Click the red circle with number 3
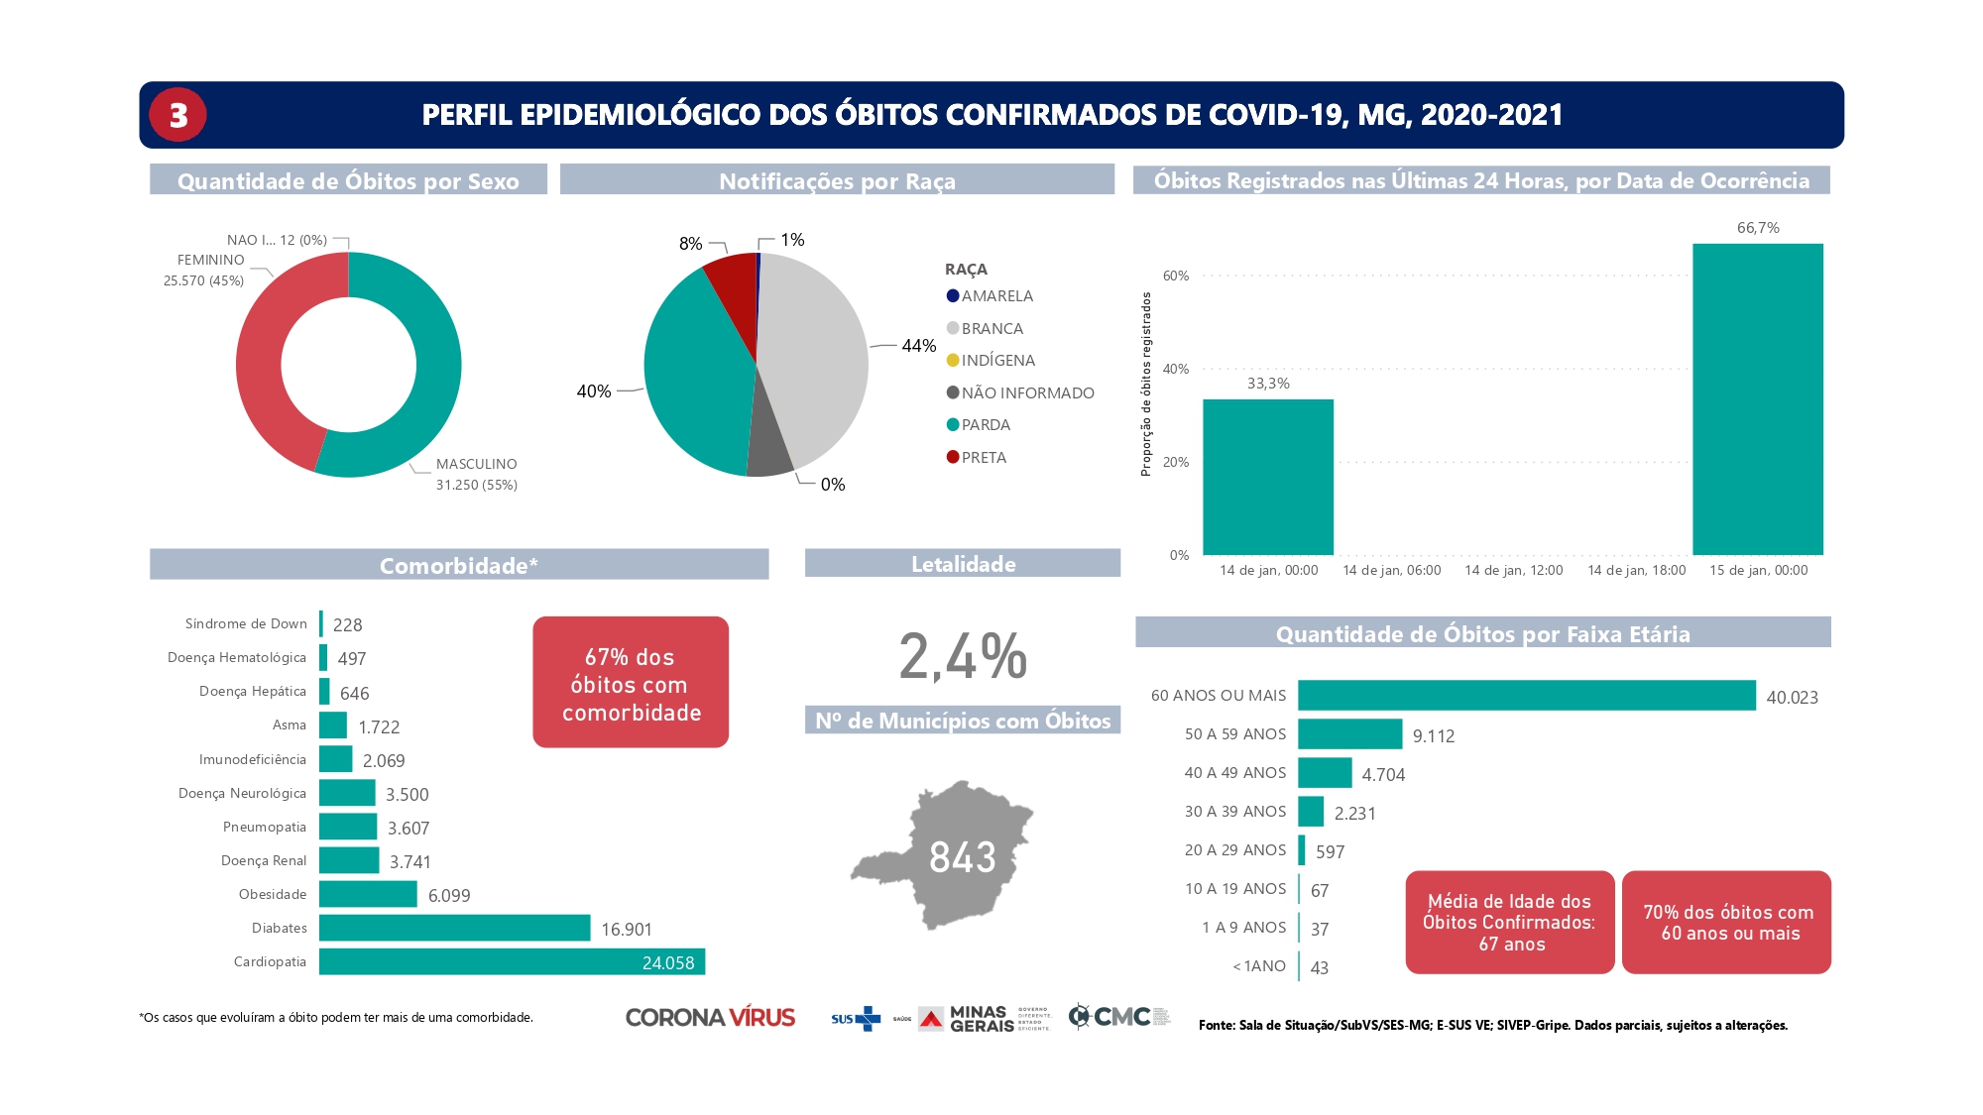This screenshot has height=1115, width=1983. [x=177, y=115]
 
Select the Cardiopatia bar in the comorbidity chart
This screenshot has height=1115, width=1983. [x=512, y=961]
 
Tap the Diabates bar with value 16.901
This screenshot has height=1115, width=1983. [x=454, y=928]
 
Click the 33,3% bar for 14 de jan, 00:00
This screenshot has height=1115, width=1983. [x=1268, y=477]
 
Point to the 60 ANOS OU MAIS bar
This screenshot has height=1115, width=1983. [x=1526, y=696]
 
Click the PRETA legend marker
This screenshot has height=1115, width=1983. [x=953, y=457]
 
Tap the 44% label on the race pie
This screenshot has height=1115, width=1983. [x=918, y=346]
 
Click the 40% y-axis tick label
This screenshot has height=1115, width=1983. [x=1176, y=369]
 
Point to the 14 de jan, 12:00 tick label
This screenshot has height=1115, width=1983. [x=1513, y=570]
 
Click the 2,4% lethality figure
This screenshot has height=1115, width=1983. [x=963, y=656]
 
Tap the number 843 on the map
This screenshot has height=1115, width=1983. [x=962, y=857]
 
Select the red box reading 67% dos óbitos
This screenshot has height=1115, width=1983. [x=631, y=683]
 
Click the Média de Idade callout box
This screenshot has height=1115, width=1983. [x=1510, y=923]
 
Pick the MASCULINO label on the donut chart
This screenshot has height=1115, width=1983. [x=476, y=464]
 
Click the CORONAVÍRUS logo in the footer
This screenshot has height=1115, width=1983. [x=710, y=1018]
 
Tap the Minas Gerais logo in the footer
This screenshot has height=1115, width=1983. [x=968, y=1019]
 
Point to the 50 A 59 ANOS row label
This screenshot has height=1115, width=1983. [x=1234, y=734]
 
